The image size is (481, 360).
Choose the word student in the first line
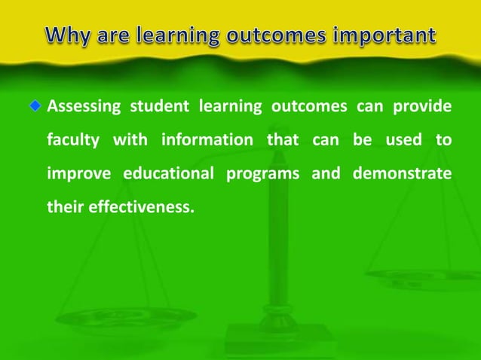click(x=156, y=107)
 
